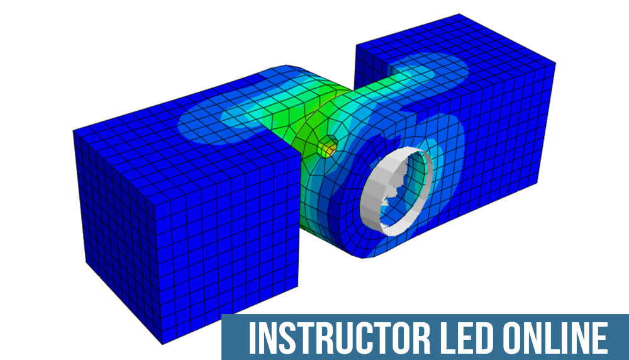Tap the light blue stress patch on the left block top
tap(208, 123)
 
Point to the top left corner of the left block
tap(74, 131)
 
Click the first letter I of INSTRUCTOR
tap(252, 338)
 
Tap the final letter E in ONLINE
tap(600, 338)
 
